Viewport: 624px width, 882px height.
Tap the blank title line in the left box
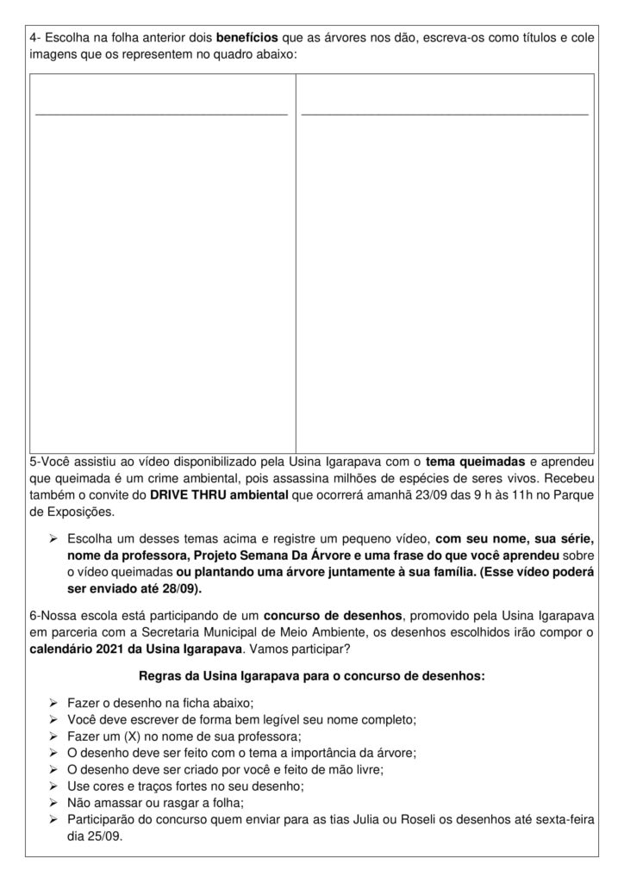[x=161, y=113]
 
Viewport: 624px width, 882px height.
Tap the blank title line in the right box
[x=445, y=113]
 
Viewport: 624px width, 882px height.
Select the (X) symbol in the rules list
[x=145, y=736]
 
